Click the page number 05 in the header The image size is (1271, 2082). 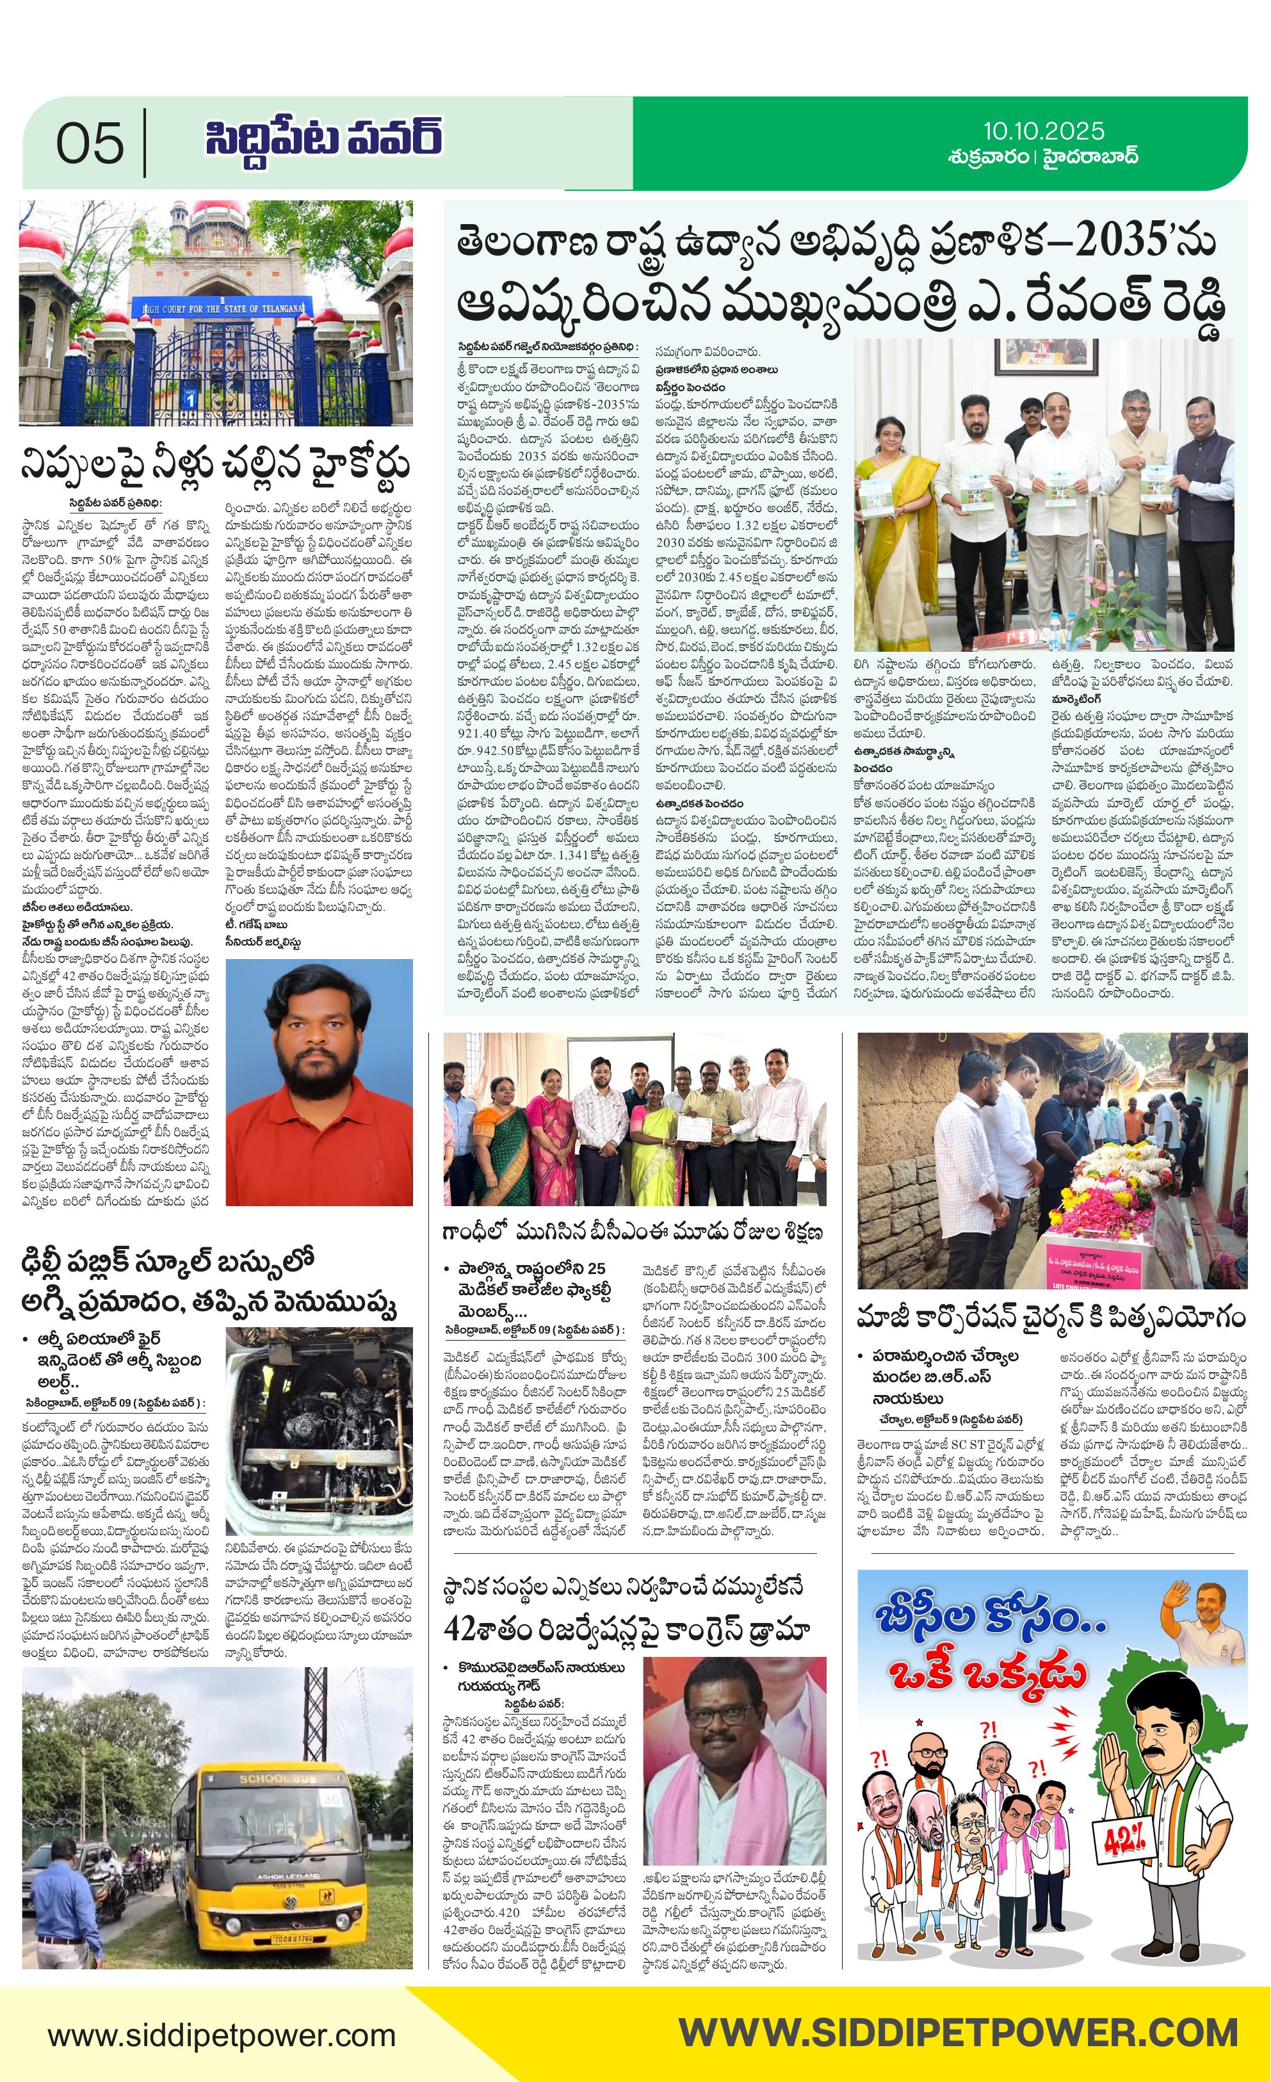90,143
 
